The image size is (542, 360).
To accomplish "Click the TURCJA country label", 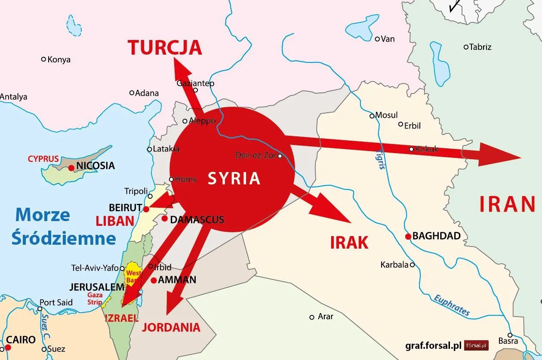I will (x=165, y=47).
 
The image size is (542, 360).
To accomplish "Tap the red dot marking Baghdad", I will (x=408, y=236).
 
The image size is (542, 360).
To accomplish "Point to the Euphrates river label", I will (x=451, y=305).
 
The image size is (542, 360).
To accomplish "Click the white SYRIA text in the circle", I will (x=234, y=178).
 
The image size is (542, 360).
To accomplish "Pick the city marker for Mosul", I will (x=372, y=116).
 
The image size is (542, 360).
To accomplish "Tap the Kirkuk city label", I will (x=427, y=149).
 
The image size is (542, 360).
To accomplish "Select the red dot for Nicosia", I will (x=71, y=167).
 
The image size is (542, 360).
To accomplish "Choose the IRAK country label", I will (x=349, y=243).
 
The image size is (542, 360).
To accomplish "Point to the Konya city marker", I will (x=43, y=59).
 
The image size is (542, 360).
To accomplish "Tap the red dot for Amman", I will (x=154, y=280).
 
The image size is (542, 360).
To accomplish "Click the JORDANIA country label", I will (x=171, y=327).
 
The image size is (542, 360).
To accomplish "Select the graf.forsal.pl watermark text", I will (x=433, y=345).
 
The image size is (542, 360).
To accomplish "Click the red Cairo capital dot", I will (x=8, y=346).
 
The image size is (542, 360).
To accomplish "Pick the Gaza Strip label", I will (x=95, y=298).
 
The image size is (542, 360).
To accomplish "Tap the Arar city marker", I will (x=312, y=317).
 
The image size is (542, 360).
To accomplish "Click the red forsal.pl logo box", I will (x=477, y=345).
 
